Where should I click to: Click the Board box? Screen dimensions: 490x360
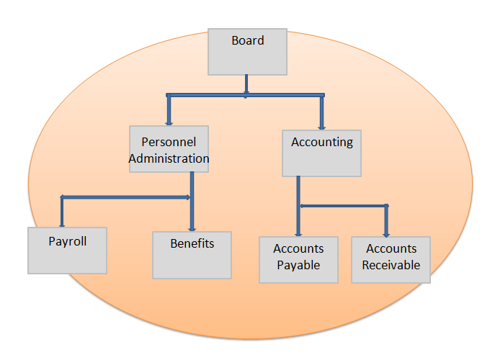247,52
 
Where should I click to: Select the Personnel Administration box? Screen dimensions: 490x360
169,149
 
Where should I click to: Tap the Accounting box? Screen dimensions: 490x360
321,153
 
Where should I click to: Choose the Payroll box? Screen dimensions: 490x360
68,251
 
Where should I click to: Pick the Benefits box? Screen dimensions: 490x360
192,255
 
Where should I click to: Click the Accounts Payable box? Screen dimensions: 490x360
298,260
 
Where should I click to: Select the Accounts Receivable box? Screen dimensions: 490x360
391,260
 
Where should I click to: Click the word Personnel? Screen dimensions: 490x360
169,142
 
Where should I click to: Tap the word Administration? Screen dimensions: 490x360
169,158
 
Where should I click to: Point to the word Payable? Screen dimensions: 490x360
298,265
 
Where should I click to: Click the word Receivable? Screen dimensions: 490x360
391,265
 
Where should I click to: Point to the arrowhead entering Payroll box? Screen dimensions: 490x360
62,225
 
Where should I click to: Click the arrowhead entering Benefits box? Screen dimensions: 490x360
192,230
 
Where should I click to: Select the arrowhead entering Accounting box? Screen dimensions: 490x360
322,127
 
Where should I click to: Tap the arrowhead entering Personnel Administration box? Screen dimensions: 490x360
169,124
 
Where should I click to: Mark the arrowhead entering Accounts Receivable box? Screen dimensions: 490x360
386,235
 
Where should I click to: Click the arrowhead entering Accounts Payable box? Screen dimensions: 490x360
298,235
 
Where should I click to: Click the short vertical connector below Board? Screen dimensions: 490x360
246,84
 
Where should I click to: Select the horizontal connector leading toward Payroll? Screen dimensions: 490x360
125,197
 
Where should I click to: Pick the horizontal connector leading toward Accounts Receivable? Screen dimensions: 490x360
344,206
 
